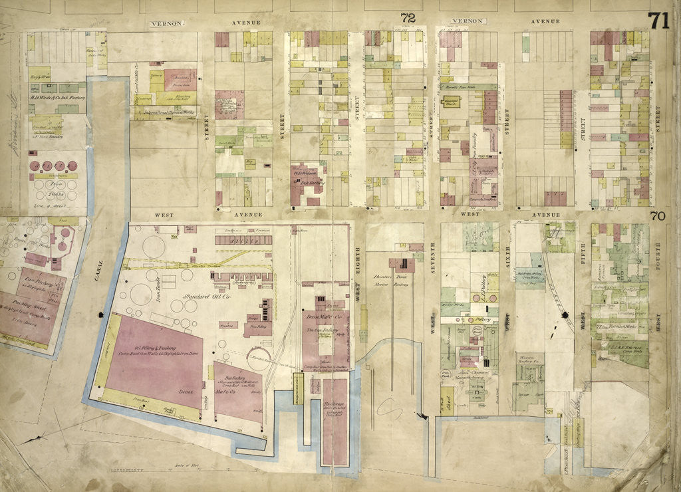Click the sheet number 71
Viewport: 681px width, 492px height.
coord(658,21)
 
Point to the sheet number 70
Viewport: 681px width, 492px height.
coord(658,215)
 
